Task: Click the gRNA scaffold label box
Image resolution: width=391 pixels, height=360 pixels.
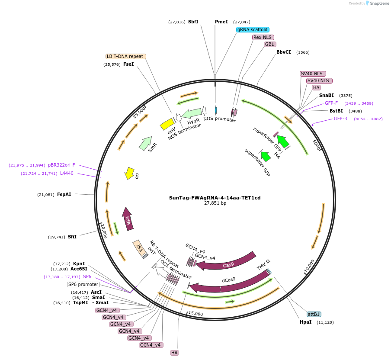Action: [x=253, y=29]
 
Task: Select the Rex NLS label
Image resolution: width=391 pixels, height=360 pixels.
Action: [x=263, y=37]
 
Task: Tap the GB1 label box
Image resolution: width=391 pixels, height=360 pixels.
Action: [x=269, y=45]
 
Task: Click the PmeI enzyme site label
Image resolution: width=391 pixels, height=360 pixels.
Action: [x=221, y=22]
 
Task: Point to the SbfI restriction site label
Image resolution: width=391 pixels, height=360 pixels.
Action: [x=193, y=22]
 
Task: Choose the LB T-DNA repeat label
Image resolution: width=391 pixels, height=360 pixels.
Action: [x=125, y=56]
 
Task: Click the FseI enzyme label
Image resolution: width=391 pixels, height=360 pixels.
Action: [x=128, y=64]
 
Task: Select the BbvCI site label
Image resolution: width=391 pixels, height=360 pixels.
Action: [x=284, y=52]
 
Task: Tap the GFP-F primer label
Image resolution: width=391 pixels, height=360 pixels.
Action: [x=331, y=103]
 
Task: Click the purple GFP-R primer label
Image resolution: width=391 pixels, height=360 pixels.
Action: [x=340, y=119]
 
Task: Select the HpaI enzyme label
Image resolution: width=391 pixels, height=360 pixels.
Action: [x=305, y=322]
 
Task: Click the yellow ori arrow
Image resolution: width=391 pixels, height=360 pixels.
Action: [x=129, y=173]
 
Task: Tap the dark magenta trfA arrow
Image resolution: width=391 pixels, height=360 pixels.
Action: [x=127, y=218]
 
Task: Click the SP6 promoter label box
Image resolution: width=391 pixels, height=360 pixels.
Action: [x=83, y=284]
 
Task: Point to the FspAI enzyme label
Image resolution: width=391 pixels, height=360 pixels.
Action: [x=64, y=195]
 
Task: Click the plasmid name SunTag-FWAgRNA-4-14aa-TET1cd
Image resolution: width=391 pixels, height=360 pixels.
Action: [x=215, y=198]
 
